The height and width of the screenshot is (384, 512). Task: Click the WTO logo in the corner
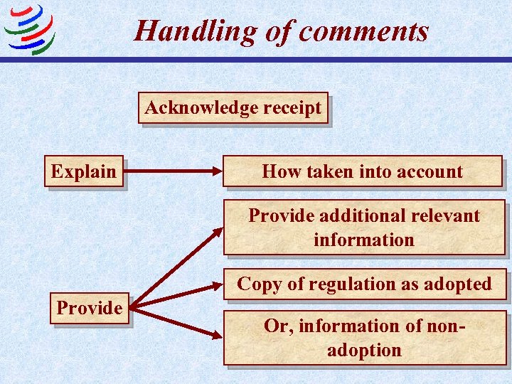(29, 29)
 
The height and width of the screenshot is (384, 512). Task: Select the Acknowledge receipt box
(233, 108)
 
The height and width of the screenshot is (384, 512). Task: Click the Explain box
(84, 171)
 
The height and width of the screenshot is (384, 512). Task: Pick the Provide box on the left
(90, 308)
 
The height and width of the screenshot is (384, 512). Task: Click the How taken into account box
(363, 171)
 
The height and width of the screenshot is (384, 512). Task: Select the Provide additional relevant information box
(364, 228)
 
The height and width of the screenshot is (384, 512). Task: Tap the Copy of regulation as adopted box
(364, 284)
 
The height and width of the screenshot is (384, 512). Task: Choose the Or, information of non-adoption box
(365, 338)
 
